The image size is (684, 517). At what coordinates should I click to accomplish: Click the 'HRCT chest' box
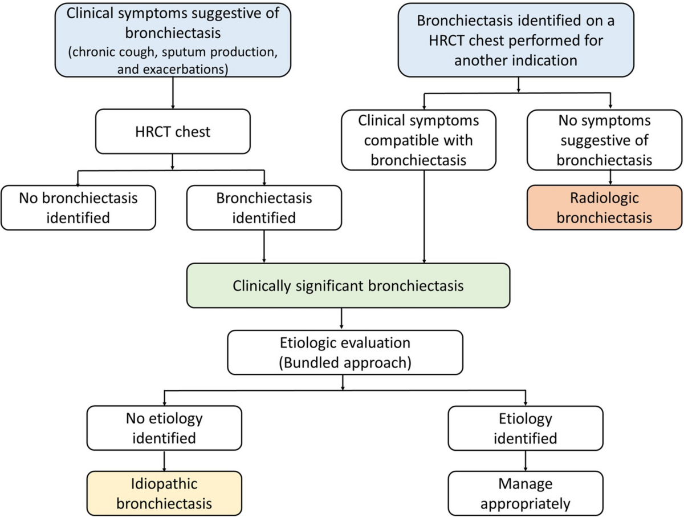[x=173, y=131]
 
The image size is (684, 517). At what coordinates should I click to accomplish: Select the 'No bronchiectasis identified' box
[x=78, y=208]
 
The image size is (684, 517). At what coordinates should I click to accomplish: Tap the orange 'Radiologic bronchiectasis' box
[x=604, y=208]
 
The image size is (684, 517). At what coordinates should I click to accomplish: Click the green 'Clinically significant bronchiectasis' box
[x=348, y=286]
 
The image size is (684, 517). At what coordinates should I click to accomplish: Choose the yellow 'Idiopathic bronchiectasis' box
[x=164, y=493]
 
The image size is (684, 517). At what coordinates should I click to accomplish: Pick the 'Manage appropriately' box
[x=526, y=493]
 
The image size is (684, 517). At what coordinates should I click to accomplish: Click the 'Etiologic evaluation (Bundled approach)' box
[x=345, y=352]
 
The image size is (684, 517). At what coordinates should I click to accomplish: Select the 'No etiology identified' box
[x=164, y=428]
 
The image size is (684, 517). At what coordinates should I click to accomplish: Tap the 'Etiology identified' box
[x=526, y=428]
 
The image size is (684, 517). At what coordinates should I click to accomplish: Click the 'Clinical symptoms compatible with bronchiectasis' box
[x=418, y=140]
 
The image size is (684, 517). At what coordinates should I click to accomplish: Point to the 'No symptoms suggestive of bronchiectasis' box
[x=604, y=140]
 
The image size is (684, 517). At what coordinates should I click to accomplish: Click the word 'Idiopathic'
[x=164, y=484]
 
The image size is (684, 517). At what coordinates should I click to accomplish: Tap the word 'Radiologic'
[x=604, y=198]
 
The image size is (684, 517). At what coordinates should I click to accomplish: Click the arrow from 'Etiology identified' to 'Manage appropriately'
[x=526, y=461]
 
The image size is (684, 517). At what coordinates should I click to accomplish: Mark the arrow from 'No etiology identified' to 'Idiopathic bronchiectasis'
[x=164, y=461]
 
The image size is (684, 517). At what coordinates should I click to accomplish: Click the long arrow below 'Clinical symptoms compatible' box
[x=424, y=217]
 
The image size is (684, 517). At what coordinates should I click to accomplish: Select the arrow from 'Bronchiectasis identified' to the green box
[x=264, y=247]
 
